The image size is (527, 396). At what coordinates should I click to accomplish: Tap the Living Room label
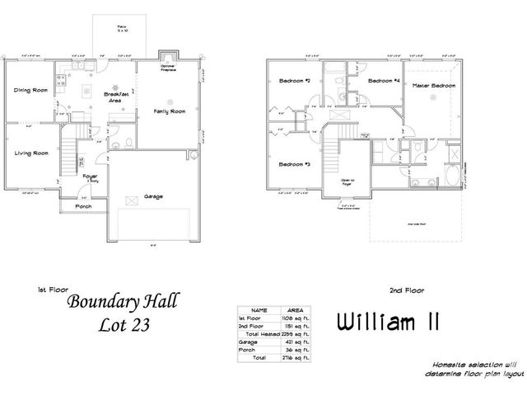pos(30,153)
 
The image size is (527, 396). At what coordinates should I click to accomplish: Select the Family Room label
pos(167,111)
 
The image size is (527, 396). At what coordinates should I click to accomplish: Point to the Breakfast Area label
pos(116,97)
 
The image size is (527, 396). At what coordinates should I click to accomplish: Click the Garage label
pos(152,196)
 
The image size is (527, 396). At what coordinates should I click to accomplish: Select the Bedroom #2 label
pos(293,82)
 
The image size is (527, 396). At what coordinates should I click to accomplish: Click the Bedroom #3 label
pos(293,164)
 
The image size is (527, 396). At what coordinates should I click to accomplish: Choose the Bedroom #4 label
pos(384,81)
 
